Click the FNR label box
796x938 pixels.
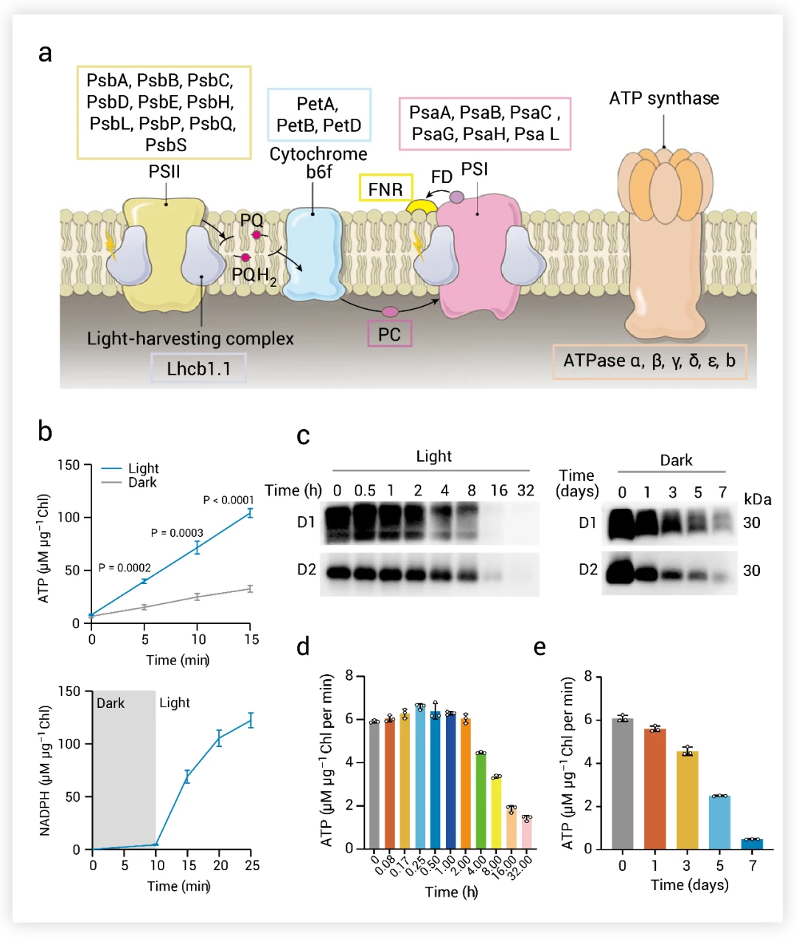[x=385, y=189]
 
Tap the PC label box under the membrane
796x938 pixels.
[x=389, y=334]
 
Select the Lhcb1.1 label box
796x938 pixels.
[x=198, y=368]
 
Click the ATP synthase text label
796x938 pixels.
[x=664, y=99]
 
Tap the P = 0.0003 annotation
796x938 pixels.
[x=177, y=532]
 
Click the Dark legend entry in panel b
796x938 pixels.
[x=142, y=482]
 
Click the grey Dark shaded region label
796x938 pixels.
[x=111, y=703]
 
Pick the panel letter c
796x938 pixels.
[x=302, y=436]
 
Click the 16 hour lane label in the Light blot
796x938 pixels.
[x=499, y=490]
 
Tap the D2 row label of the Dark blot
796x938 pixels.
[x=588, y=570]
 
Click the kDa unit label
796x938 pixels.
[x=758, y=499]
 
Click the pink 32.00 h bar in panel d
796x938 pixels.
[x=527, y=833]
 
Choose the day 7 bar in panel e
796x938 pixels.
[x=753, y=844]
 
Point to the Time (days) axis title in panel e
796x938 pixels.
[x=689, y=884]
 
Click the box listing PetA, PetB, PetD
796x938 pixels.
[x=319, y=115]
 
